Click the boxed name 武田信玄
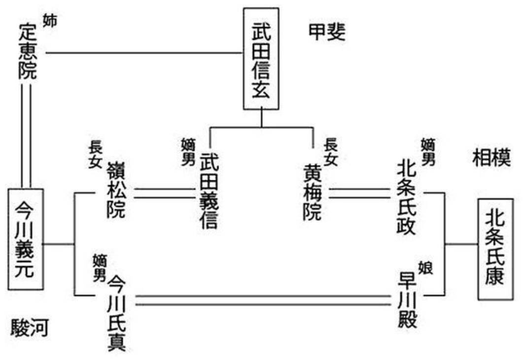point(261,59)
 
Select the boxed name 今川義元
point(26,239)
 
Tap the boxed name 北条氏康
point(495,249)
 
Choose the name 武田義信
point(209,191)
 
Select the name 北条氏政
point(406,196)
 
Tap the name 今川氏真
point(117,313)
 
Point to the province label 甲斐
point(326,33)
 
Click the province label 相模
point(491,157)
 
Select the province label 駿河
point(30,327)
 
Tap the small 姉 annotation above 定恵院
point(50,21)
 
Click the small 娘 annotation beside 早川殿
point(425,268)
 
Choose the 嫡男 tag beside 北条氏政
point(428,152)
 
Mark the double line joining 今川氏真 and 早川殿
point(263,300)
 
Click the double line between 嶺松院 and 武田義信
point(165,194)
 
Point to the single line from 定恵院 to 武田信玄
point(144,53)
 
